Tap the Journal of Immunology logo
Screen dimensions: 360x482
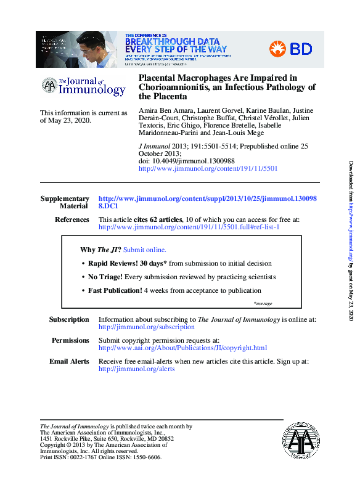[83, 86]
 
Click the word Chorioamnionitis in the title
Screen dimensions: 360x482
[177, 88]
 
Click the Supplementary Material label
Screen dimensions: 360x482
[65, 202]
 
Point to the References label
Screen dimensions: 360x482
[72, 219]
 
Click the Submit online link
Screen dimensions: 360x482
[145, 250]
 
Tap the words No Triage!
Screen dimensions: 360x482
[105, 277]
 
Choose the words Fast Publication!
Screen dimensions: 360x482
[115, 291]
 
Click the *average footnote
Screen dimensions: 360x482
[263, 303]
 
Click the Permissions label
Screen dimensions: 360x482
[70, 340]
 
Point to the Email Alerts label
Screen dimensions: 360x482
[69, 361]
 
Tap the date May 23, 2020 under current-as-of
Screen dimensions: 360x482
[69, 121]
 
